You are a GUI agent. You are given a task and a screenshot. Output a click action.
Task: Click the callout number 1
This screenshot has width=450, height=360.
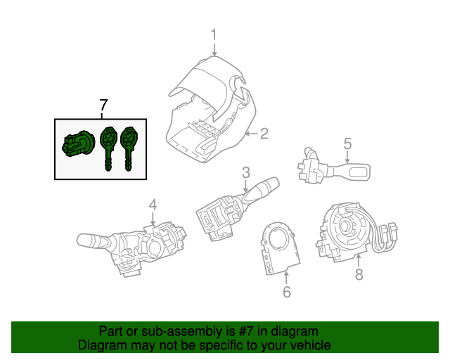(x=214, y=34)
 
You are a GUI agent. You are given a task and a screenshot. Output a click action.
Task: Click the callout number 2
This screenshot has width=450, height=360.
(x=264, y=134)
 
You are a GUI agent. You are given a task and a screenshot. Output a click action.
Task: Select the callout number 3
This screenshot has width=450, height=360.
(x=246, y=172)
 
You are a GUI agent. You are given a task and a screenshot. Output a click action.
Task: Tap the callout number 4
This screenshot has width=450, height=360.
(x=153, y=205)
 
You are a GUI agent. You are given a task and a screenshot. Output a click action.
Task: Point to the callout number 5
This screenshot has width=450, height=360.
(x=347, y=144)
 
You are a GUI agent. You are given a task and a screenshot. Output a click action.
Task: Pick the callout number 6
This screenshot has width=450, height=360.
(x=287, y=292)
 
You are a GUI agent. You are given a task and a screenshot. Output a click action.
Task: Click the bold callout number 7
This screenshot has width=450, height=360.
(x=103, y=105)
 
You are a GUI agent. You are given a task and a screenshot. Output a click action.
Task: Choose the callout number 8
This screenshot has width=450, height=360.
(x=359, y=274)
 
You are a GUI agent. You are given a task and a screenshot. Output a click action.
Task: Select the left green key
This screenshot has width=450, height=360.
(x=108, y=145)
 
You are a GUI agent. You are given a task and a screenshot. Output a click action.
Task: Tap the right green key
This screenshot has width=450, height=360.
(x=129, y=145)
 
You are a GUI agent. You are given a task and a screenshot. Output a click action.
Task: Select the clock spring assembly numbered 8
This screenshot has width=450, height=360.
(x=349, y=228)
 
